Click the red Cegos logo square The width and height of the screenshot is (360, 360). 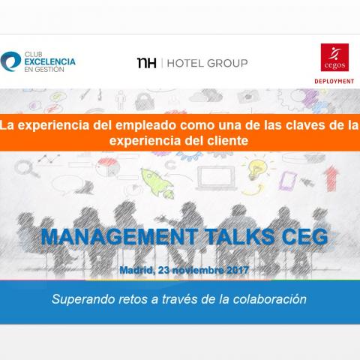tap(334, 57)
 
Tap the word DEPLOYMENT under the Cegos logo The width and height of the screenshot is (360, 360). tap(334, 81)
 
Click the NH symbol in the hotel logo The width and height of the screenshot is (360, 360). tap(147, 63)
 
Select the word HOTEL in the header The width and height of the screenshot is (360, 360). tap(185, 63)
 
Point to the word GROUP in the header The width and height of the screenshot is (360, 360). tap(227, 63)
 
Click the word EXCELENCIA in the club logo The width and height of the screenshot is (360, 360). tap(50, 61)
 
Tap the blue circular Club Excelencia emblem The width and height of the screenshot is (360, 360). tap(10, 61)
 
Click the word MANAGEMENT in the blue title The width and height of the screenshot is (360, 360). tap(119, 237)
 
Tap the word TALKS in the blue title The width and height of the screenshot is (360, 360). tap(240, 237)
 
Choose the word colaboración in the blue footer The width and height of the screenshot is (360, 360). tap(270, 299)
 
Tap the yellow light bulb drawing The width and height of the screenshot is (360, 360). tap(257, 169)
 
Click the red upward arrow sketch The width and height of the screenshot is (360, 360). tap(331, 178)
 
